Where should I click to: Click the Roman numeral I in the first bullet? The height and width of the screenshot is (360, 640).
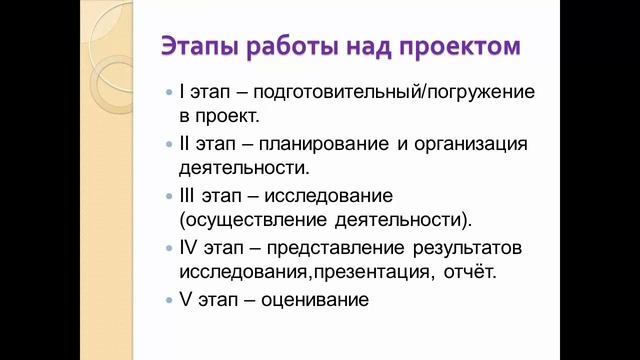click(181, 92)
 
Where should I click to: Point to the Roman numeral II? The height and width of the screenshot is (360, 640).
click(184, 144)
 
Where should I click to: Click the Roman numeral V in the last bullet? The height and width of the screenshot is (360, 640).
click(185, 298)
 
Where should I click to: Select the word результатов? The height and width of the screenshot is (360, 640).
click(476, 246)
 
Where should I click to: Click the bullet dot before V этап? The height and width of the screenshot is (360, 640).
click(168, 299)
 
